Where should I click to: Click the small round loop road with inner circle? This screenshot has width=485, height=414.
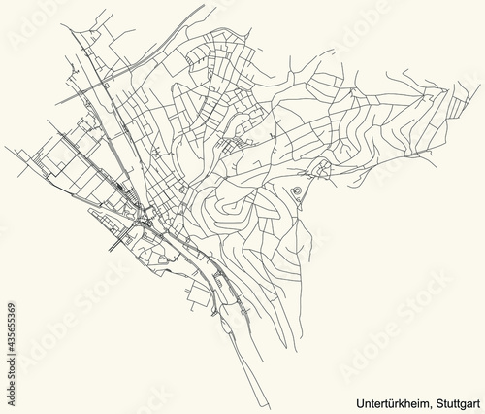(295, 190)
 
